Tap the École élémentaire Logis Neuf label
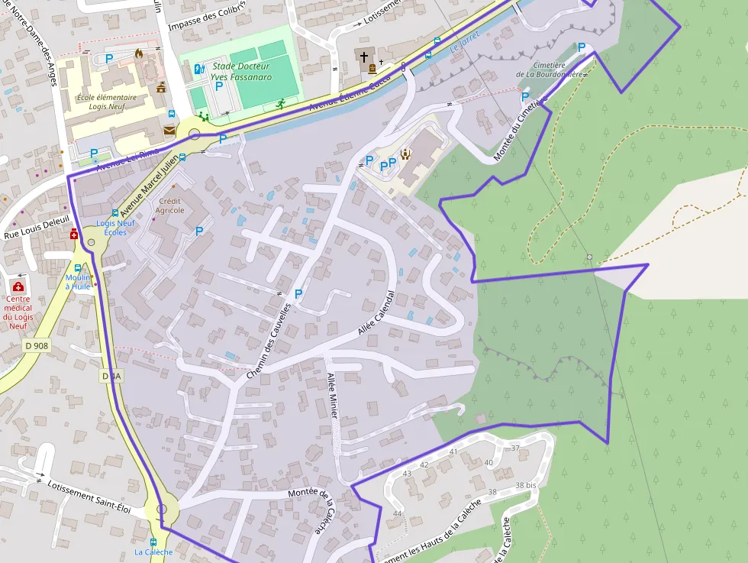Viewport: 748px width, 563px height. [107, 102]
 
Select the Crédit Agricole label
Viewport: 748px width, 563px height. [170, 205]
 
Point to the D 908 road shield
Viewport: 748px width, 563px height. [37, 345]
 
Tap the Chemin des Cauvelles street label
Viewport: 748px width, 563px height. [269, 341]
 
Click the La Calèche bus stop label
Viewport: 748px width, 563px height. [153, 552]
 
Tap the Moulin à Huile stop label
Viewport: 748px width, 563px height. [78, 282]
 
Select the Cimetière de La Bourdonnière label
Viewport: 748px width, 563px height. [549, 70]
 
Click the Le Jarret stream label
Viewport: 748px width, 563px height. [463, 46]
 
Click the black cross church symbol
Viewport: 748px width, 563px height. [364, 57]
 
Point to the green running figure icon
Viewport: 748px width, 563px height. [281, 103]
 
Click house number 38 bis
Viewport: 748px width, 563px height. [525, 485]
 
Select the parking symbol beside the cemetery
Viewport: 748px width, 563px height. [582, 47]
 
